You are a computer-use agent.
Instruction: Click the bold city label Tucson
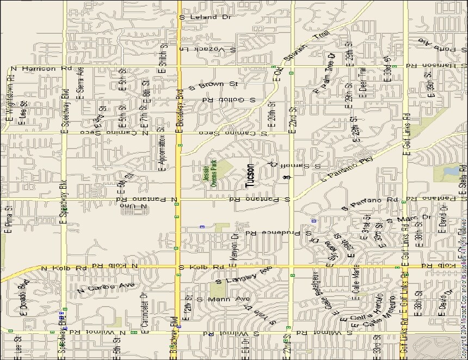point(250,176)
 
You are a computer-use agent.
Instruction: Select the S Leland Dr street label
point(205,17)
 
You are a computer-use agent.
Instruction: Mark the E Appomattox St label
point(161,148)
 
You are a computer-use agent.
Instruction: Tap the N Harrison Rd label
point(41,69)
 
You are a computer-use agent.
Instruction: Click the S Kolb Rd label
point(201,268)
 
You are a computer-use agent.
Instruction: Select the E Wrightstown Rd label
point(10,100)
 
